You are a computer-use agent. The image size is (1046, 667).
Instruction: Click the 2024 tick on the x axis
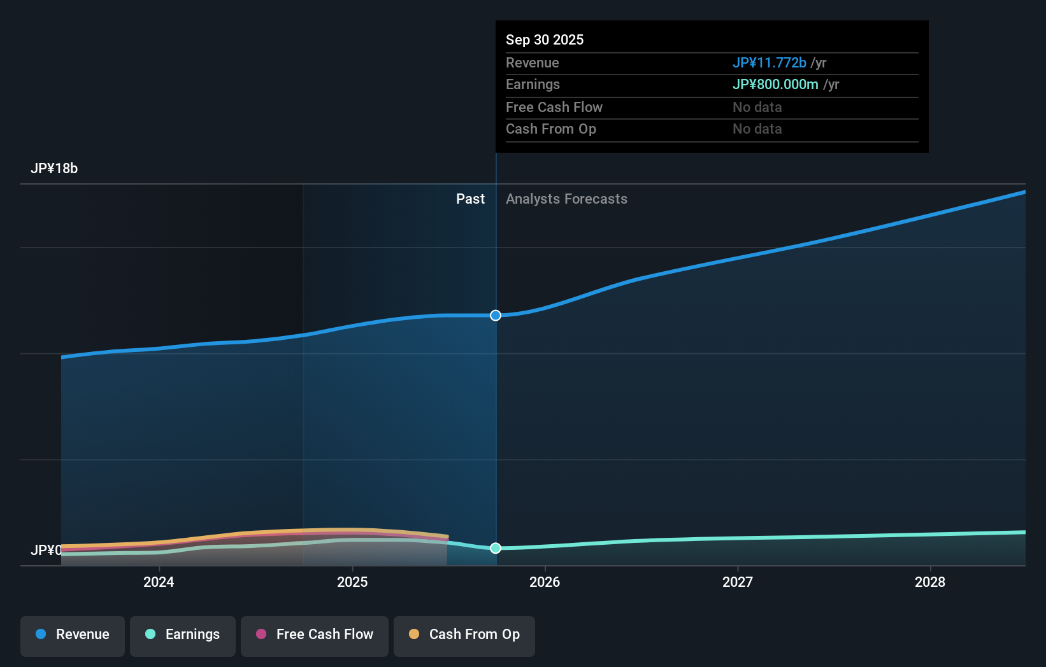click(x=159, y=582)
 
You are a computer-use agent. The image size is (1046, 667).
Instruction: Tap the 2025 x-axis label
click(x=352, y=582)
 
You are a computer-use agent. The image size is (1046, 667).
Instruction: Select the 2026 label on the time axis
click(x=545, y=582)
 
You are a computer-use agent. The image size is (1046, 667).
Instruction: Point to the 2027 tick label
click(x=738, y=582)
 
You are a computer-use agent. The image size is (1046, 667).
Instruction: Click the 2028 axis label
click(x=930, y=582)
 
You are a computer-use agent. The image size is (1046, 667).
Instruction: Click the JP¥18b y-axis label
click(x=54, y=169)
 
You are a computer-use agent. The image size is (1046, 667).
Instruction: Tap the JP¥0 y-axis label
click(x=46, y=550)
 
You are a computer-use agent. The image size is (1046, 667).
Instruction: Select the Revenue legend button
click(x=73, y=635)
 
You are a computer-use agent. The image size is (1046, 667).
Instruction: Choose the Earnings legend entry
click(x=183, y=635)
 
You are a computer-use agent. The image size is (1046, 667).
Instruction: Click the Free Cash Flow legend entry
click(x=315, y=635)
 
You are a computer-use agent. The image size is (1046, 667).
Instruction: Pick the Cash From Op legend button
click(x=464, y=635)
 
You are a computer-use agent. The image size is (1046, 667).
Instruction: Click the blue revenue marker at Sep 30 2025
click(x=496, y=316)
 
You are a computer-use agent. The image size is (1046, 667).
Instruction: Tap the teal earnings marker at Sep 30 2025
click(x=496, y=548)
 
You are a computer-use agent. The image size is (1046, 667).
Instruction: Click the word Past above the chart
click(x=470, y=199)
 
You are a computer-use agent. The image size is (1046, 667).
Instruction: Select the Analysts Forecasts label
click(x=566, y=199)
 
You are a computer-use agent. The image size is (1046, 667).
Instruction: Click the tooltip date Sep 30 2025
click(x=545, y=39)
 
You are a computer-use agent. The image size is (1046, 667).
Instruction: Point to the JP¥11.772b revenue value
click(x=769, y=62)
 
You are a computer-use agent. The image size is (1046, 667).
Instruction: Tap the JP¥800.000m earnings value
click(x=775, y=85)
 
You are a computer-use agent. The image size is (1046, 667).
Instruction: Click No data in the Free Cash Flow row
click(x=757, y=107)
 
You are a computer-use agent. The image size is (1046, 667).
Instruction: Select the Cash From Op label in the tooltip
click(x=551, y=129)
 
